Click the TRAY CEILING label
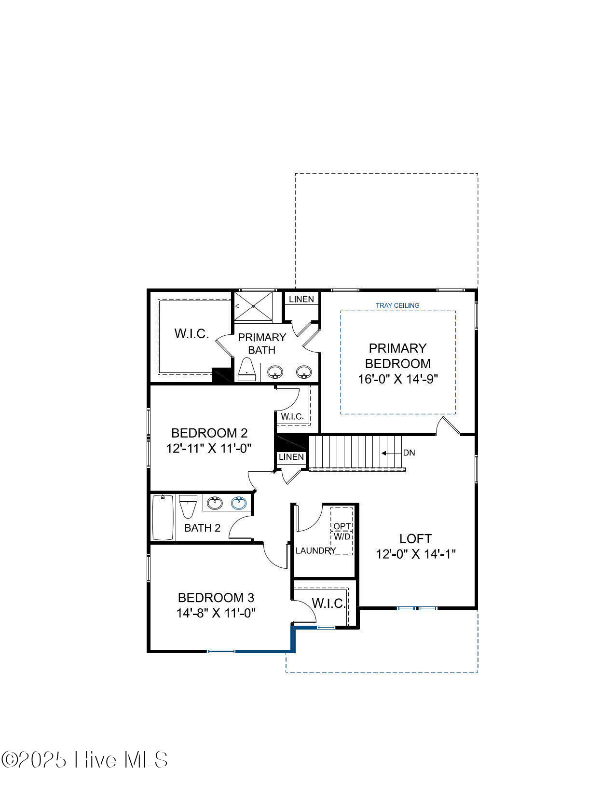(397, 305)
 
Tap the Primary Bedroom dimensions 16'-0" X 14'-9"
(398, 379)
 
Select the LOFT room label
(415, 538)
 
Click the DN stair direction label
(409, 453)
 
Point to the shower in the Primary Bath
(253, 306)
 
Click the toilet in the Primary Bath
(246, 369)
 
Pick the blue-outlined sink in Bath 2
(239, 503)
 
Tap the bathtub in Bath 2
(163, 517)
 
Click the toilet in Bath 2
(188, 507)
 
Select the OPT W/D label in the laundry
(342, 531)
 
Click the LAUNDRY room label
(315, 550)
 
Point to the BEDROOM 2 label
(209, 433)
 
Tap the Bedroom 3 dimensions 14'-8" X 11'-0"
(216, 613)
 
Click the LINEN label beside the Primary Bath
(301, 299)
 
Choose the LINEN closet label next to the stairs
(291, 457)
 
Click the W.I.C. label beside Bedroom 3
(328, 604)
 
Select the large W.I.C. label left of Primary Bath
(191, 333)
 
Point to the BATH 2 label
(202, 528)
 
